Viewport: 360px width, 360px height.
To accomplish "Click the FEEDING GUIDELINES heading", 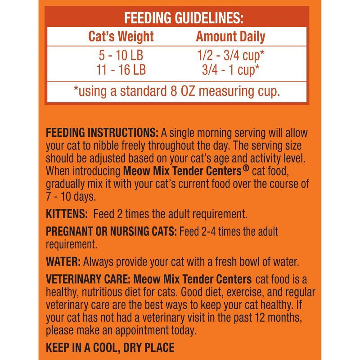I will (184, 18).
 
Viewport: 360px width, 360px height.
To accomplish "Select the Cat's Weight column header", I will (121, 36).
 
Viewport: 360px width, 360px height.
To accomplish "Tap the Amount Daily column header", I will (230, 36).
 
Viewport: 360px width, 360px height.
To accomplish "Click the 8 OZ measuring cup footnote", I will (176, 91).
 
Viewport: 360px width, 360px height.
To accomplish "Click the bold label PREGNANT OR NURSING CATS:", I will (112, 232).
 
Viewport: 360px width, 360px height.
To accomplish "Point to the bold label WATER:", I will (63, 261).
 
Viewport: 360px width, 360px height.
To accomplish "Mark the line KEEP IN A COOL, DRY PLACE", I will (110, 348).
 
